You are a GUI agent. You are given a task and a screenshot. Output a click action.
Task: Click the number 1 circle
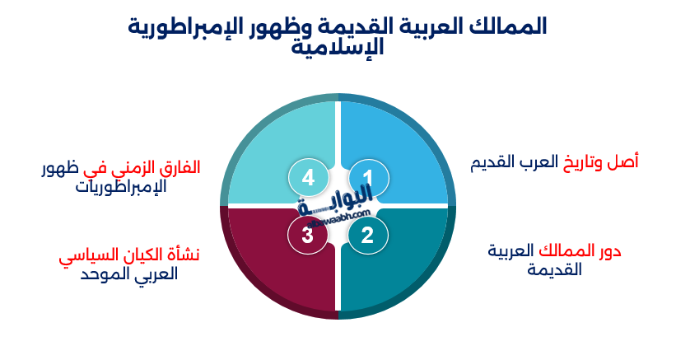(x=368, y=177)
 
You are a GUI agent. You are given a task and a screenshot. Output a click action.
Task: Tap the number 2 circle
(x=367, y=236)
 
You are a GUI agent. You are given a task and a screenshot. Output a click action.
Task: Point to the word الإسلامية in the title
(x=338, y=47)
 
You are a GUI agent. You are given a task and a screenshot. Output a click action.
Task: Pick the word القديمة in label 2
(x=554, y=270)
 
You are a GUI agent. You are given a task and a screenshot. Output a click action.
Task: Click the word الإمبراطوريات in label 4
(x=121, y=186)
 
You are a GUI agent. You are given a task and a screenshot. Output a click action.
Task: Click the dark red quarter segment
(x=263, y=264)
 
